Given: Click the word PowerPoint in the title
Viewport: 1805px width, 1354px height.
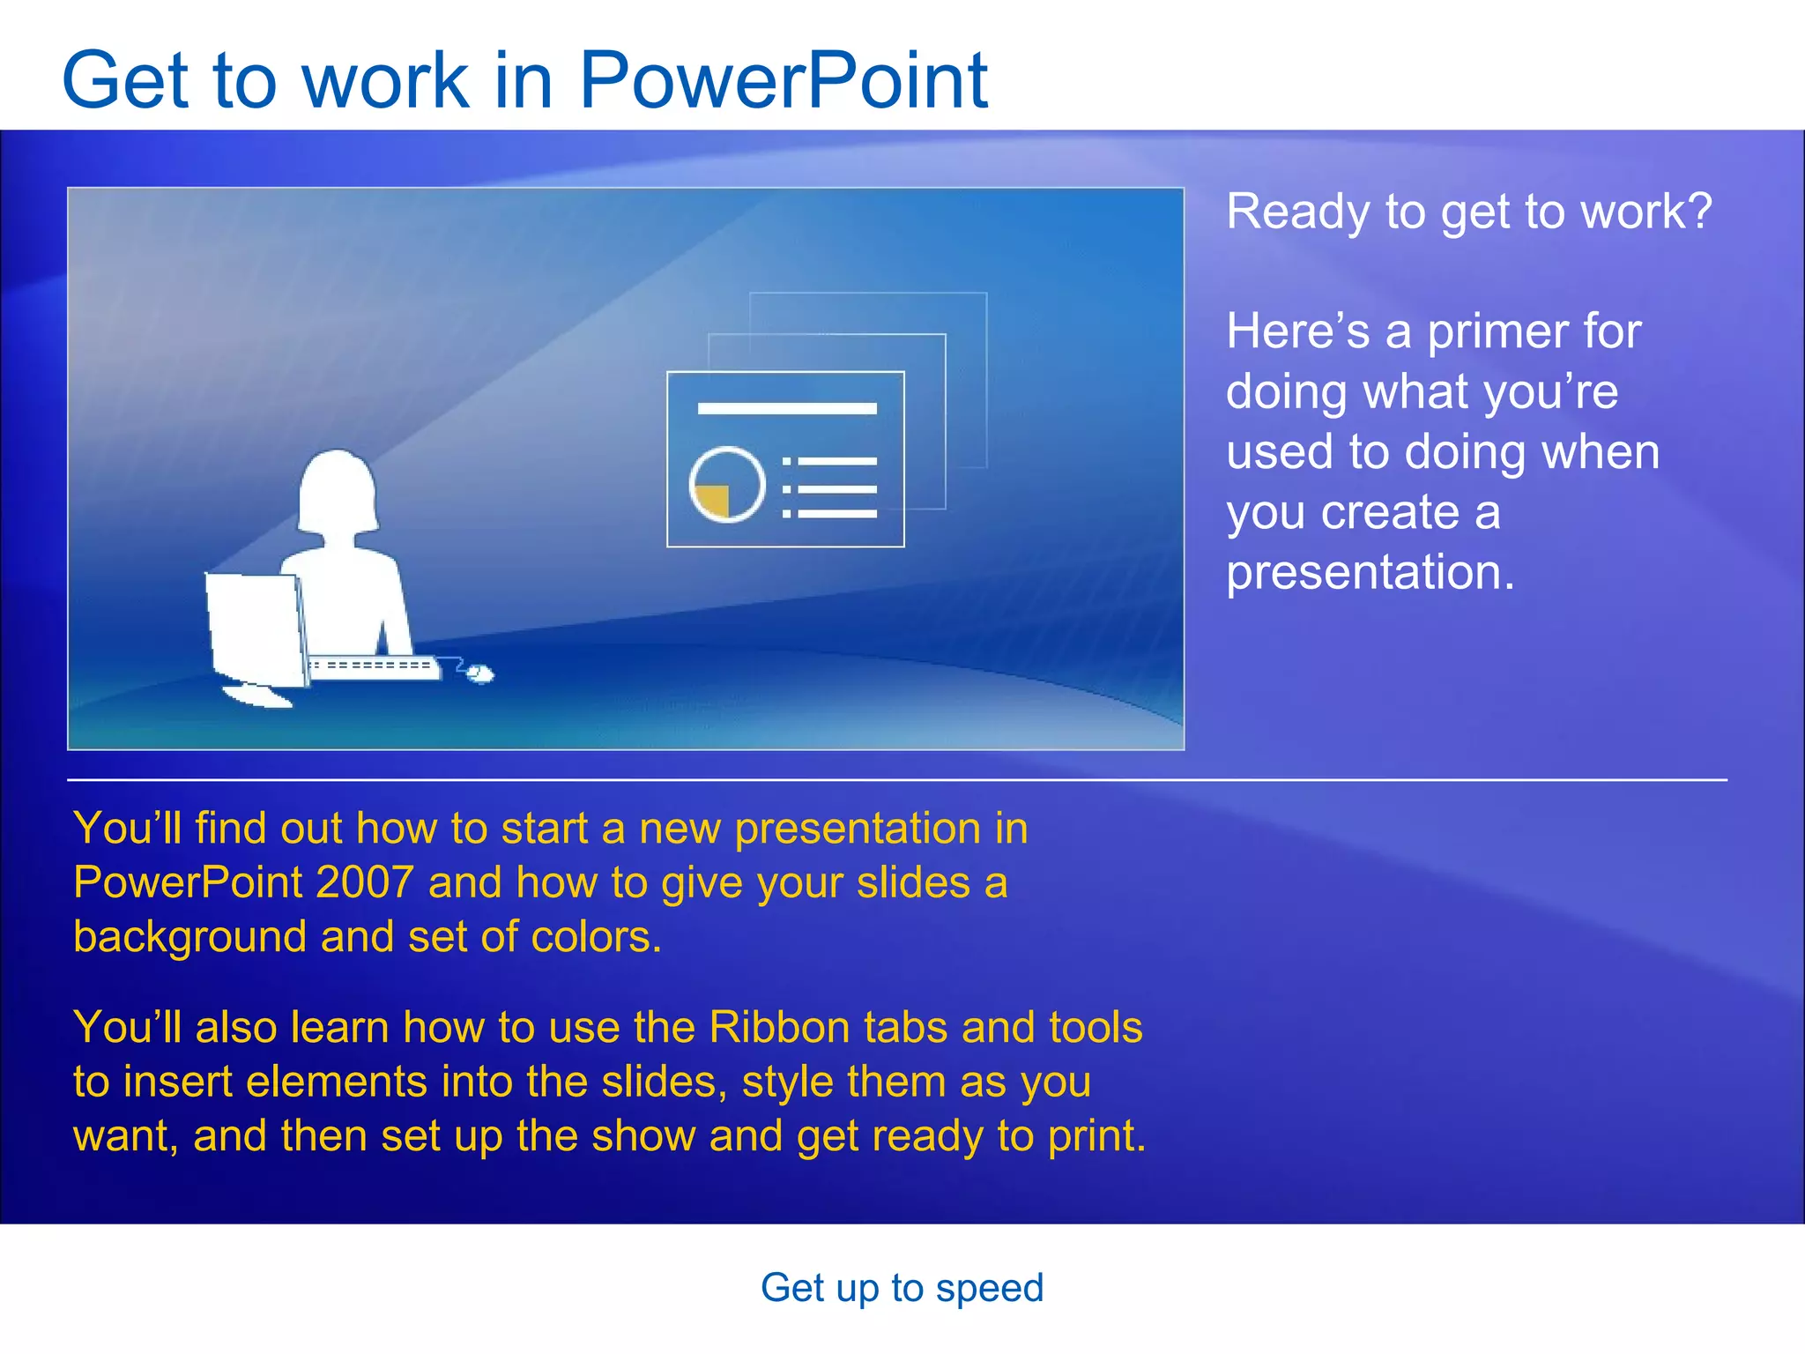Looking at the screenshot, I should [783, 81].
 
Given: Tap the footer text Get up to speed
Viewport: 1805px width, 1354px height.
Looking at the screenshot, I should [902, 1288].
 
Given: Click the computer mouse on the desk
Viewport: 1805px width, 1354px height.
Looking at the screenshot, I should [480, 674].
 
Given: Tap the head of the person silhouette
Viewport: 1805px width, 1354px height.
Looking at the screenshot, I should [338, 489].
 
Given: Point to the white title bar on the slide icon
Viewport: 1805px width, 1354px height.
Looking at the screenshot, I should [786, 408].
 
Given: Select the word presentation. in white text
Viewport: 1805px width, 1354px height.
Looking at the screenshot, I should [1370, 572].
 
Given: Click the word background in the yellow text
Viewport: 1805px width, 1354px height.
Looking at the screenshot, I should [189, 937].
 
